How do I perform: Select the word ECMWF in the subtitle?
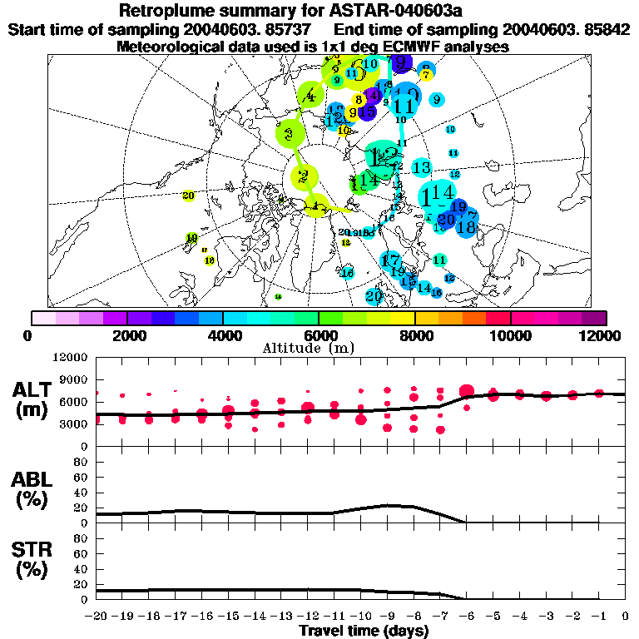pyautogui.click(x=413, y=47)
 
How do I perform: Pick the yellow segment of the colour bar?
pyautogui.click(x=403, y=318)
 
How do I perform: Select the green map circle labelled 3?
pyautogui.click(x=290, y=132)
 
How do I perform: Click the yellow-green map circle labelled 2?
pyautogui.click(x=304, y=176)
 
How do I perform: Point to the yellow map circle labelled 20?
pyautogui.click(x=188, y=196)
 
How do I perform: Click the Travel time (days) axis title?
pyautogui.click(x=364, y=631)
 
